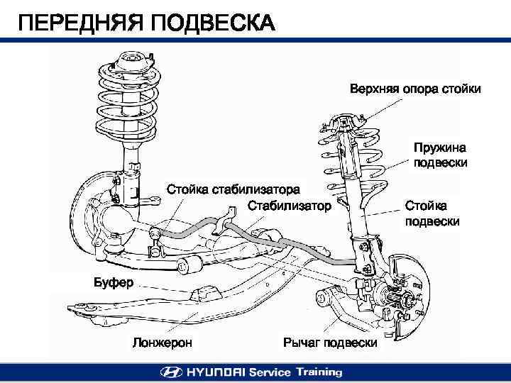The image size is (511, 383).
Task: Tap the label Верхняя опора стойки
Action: (x=415, y=89)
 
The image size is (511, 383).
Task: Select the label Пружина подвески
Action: (x=440, y=155)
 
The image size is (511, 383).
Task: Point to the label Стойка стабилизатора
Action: (x=233, y=189)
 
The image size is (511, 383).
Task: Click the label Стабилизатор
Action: (x=290, y=206)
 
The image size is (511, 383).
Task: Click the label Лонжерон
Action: (x=163, y=343)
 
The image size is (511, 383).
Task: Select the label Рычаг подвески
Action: (x=330, y=343)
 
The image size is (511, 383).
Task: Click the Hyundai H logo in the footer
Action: (x=170, y=372)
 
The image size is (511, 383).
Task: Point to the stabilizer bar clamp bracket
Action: (x=228, y=217)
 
